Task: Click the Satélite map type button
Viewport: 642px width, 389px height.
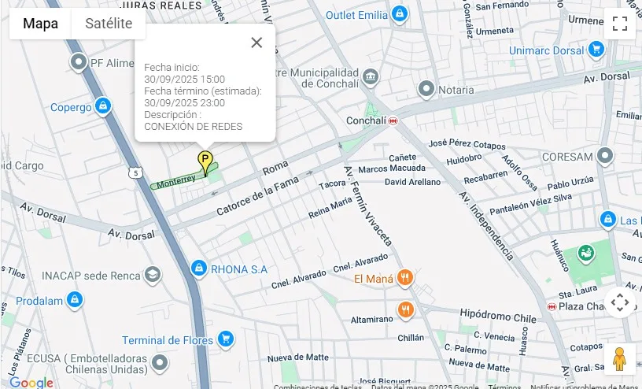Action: (109, 24)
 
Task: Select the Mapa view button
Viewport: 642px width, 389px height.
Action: (40, 24)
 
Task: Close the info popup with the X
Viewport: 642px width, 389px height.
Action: (256, 43)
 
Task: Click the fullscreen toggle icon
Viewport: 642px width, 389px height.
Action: (620, 24)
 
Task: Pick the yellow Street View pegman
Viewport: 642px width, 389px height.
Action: (620, 359)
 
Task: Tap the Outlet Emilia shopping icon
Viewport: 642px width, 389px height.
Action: (400, 14)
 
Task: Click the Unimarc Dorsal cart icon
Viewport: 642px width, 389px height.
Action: (596, 50)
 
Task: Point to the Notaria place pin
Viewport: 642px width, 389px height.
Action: (426, 90)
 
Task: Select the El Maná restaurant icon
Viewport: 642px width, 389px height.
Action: (405, 277)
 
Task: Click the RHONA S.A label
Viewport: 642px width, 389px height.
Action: (239, 269)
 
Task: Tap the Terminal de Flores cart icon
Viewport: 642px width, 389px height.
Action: (226, 339)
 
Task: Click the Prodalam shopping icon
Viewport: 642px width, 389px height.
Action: (74, 300)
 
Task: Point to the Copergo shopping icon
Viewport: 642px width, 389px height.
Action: (102, 106)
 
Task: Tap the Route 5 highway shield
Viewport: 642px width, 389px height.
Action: (137, 172)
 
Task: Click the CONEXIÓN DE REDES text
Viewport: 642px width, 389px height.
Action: (194, 126)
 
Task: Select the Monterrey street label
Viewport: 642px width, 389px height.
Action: (176, 182)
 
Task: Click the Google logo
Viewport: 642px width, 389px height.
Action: (31, 383)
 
